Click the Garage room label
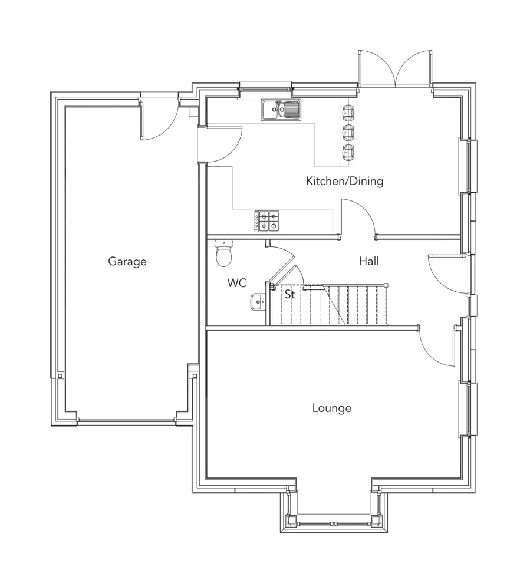[x=127, y=261]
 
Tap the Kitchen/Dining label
[x=344, y=181]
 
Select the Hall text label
[x=369, y=261]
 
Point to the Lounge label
[x=331, y=408]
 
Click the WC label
[x=236, y=284]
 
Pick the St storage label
[x=289, y=294]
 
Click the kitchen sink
[x=281, y=109]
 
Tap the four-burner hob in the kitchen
[x=266, y=221]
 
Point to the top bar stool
[x=349, y=112]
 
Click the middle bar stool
[x=349, y=131]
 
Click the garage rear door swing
[x=157, y=121]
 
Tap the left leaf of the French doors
[x=376, y=68]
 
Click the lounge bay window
[x=333, y=521]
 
